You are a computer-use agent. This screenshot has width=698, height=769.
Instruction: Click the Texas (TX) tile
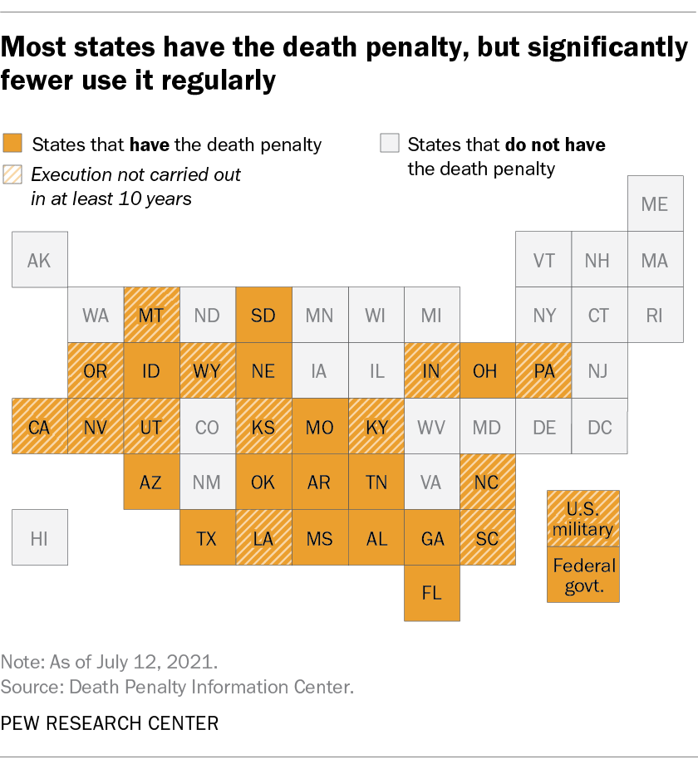click(207, 537)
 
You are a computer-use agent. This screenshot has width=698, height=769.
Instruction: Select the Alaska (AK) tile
click(39, 260)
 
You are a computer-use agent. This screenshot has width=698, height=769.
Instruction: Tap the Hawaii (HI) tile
click(39, 537)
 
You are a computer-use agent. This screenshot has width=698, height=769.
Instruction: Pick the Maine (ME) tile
click(655, 203)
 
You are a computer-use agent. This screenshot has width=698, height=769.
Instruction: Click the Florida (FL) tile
click(432, 593)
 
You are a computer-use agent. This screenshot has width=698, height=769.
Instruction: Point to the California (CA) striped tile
click(39, 427)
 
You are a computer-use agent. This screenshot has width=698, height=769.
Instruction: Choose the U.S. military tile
click(583, 518)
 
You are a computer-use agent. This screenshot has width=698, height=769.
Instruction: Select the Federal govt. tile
click(583, 575)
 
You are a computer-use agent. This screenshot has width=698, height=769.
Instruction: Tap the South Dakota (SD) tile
click(263, 316)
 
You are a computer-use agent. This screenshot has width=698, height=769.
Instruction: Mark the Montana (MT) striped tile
click(151, 316)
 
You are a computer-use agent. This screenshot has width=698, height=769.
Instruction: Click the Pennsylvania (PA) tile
click(543, 371)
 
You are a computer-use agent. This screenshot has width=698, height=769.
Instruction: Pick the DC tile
click(599, 427)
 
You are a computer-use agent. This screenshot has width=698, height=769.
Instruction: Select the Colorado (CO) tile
click(207, 427)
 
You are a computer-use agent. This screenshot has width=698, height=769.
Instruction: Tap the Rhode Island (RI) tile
click(655, 316)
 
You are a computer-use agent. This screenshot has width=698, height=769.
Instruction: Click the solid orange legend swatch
click(12, 143)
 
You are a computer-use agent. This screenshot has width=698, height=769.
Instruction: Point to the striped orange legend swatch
click(12, 174)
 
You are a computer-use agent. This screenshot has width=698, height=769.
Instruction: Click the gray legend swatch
click(389, 143)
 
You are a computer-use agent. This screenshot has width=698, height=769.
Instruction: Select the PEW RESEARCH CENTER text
click(110, 723)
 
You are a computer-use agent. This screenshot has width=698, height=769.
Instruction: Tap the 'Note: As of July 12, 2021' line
click(110, 663)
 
